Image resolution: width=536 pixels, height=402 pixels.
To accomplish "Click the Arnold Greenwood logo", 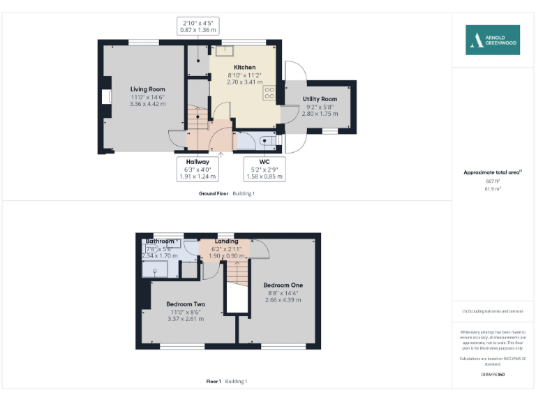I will (493, 40).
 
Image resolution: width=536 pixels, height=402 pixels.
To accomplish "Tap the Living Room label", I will (147, 89).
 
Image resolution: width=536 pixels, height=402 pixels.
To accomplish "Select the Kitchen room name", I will (235, 67).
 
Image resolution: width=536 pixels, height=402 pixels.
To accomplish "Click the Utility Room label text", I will (320, 100).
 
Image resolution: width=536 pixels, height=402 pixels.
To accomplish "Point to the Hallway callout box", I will (197, 169).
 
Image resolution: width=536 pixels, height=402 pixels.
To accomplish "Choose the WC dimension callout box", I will (265, 169).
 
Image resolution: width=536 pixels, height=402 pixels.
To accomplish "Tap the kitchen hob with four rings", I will (269, 94).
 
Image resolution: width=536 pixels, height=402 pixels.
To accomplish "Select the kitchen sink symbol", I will (225, 50).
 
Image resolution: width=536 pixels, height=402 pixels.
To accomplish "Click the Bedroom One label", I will (283, 285).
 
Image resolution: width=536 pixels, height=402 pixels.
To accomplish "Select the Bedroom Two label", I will (186, 304).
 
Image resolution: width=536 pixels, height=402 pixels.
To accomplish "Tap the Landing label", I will (226, 241).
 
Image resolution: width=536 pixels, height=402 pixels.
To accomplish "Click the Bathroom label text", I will (160, 241).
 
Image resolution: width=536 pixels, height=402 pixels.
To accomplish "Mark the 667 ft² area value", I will (493, 181).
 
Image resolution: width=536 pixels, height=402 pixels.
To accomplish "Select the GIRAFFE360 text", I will (493, 375).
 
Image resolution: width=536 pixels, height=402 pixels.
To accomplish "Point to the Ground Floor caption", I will (214, 193).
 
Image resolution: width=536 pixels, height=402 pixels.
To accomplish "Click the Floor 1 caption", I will (214, 381).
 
